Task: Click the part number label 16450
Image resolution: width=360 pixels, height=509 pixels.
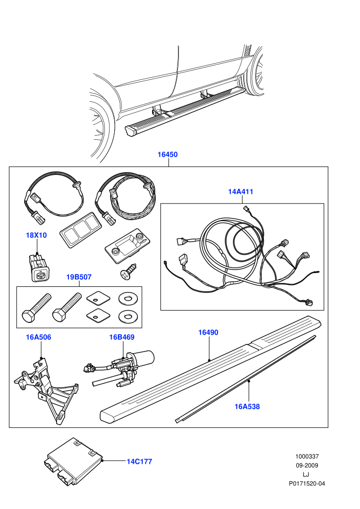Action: click(168, 155)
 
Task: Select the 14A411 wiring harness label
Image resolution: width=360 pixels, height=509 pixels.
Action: click(241, 192)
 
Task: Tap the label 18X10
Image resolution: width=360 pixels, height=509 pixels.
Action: click(37, 235)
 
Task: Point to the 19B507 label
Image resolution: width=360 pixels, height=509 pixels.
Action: click(79, 277)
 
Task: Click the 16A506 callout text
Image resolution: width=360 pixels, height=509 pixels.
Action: click(39, 337)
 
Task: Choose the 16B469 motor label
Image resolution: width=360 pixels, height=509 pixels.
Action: click(122, 337)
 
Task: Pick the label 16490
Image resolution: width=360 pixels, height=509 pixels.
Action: click(208, 333)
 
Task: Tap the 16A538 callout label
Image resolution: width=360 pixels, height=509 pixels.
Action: click(247, 406)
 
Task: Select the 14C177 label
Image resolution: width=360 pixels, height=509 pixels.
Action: click(139, 462)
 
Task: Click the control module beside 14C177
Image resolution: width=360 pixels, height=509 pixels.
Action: click(74, 462)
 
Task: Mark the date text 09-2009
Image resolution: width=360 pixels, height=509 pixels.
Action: click(307, 465)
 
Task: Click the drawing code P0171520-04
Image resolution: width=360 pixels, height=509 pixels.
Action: click(307, 484)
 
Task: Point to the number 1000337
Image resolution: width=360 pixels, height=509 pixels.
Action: click(307, 457)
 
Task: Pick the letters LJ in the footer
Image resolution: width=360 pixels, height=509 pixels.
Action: click(306, 475)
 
